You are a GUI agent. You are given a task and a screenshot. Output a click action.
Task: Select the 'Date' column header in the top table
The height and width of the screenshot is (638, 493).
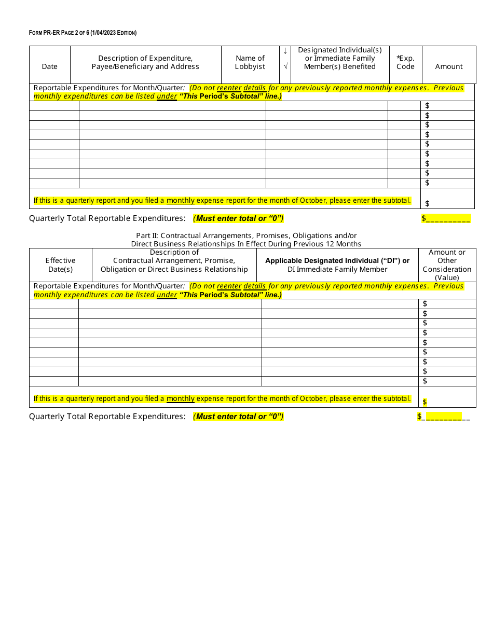point(50,66)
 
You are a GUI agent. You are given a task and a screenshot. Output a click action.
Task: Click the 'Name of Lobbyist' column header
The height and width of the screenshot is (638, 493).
point(250,62)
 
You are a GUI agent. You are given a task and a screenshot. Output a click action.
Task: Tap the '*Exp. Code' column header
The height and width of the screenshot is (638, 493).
point(405,62)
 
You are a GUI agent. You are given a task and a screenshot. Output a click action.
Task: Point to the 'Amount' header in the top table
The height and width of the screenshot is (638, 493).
point(449,66)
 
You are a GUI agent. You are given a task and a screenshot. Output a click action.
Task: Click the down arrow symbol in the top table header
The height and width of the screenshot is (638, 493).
point(285,51)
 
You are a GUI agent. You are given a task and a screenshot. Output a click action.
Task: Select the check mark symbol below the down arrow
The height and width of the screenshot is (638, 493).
point(285,66)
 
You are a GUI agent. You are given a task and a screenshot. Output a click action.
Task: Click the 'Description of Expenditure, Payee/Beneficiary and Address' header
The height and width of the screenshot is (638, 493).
point(145,62)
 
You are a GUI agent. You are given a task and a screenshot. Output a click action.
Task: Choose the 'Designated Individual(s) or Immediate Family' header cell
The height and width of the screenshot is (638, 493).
point(340,58)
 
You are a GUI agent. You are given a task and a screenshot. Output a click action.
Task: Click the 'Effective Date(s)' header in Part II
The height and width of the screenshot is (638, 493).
point(60,265)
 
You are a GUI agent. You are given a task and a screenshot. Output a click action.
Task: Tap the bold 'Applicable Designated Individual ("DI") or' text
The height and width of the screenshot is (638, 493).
point(337,260)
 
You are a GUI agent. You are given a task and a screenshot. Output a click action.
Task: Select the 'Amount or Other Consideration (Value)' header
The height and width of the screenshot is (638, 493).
point(447,265)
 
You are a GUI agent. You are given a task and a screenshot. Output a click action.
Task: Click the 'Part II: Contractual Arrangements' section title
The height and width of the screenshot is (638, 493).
point(246,235)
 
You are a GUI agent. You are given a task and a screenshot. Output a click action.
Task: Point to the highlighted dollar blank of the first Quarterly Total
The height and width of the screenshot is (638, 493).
point(446,218)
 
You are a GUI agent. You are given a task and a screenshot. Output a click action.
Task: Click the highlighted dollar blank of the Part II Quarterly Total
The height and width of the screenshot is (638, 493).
point(440,417)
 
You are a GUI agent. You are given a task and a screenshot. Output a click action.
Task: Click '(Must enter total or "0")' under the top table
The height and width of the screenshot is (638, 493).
point(238,218)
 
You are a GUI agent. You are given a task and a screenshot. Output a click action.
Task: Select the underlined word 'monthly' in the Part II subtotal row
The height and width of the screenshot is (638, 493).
point(180,399)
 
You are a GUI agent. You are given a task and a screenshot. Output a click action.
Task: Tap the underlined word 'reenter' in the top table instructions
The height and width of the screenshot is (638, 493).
point(229,88)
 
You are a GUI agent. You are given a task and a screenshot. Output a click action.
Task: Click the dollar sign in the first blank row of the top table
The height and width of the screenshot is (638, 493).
point(427,106)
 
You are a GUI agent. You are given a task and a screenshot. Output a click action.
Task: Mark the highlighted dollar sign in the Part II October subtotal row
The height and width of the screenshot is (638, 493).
point(425,402)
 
